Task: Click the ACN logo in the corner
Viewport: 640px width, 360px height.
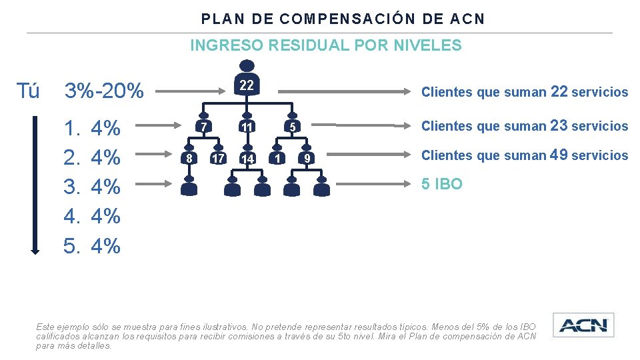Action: pyautogui.click(x=583, y=325)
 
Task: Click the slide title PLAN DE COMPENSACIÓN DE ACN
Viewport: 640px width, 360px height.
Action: pyautogui.click(x=343, y=19)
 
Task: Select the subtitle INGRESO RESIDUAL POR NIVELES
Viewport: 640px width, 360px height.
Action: pyautogui.click(x=325, y=45)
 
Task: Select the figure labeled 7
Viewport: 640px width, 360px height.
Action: pyautogui.click(x=204, y=125)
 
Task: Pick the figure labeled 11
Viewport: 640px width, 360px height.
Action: pyautogui.click(x=247, y=125)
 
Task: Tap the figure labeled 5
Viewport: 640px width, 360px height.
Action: pyautogui.click(x=291, y=125)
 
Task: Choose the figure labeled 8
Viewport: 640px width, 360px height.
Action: pyautogui.click(x=189, y=157)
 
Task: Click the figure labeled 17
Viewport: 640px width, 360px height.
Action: pyautogui.click(x=217, y=157)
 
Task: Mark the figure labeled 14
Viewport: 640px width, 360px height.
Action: pyautogui.click(x=247, y=157)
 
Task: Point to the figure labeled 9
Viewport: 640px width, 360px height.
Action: pyautogui.click(x=306, y=157)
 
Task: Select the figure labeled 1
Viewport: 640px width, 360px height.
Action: pyautogui.click(x=276, y=157)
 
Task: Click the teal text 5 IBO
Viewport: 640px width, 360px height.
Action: pyautogui.click(x=441, y=184)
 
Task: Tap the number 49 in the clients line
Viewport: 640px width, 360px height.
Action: pyautogui.click(x=559, y=155)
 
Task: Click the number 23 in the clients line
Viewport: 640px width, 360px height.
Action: pyautogui.click(x=559, y=125)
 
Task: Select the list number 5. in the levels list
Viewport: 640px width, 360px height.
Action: pyautogui.click(x=71, y=246)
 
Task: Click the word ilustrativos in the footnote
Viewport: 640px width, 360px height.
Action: pyautogui.click(x=221, y=327)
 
